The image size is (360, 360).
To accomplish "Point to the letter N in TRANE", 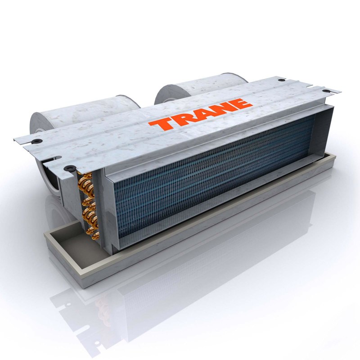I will point(223,108).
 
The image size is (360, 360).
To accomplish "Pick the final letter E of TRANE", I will point(242,103).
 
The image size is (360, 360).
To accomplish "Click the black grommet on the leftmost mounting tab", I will point(36,141).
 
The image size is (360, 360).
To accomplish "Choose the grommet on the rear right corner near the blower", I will point(281,80).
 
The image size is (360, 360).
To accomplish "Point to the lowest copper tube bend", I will point(94,234).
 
